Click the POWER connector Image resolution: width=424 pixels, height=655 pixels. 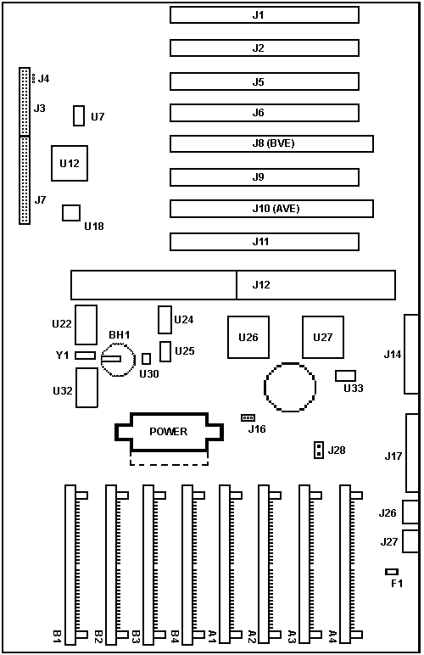[x=169, y=432]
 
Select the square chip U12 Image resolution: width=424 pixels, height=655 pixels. [x=70, y=164]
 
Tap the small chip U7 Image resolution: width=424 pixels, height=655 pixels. [x=79, y=115]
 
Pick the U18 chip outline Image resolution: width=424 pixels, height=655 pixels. [x=71, y=213]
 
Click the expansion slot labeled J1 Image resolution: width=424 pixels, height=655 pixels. [x=265, y=15]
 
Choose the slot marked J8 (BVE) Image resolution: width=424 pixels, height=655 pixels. [x=271, y=143]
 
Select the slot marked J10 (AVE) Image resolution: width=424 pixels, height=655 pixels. [x=271, y=209]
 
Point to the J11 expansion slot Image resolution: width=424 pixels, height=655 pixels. [x=265, y=242]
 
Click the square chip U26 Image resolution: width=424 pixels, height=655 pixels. [x=248, y=337]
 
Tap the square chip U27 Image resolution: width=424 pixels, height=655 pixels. [x=323, y=337]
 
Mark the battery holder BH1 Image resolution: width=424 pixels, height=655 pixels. [x=118, y=360]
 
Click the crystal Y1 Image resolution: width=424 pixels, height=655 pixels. [x=85, y=355]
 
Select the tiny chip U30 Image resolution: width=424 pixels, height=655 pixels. [x=146, y=359]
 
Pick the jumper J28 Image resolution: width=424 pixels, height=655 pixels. [x=319, y=450]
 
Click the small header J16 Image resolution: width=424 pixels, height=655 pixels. [x=248, y=417]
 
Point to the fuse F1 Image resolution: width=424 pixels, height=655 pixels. [x=392, y=572]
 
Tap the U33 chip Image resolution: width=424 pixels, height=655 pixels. [x=345, y=376]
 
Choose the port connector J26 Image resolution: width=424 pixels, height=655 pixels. [x=410, y=512]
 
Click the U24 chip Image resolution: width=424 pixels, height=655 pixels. [x=165, y=320]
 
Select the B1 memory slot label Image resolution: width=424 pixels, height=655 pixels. [x=57, y=636]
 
